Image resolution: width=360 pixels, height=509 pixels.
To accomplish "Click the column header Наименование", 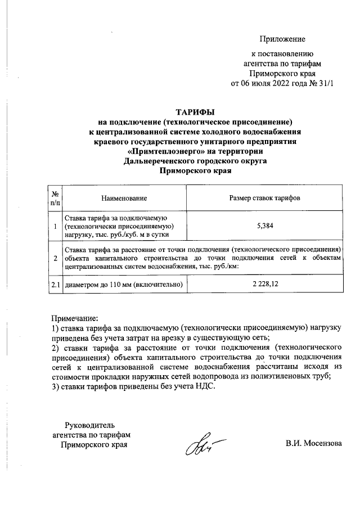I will [x=124, y=199].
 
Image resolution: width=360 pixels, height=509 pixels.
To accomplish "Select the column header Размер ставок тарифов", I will [x=264, y=199].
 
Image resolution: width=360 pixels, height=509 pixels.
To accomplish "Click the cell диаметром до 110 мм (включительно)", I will [x=124, y=285].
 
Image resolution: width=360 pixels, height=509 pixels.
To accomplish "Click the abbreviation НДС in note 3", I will [x=205, y=386].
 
